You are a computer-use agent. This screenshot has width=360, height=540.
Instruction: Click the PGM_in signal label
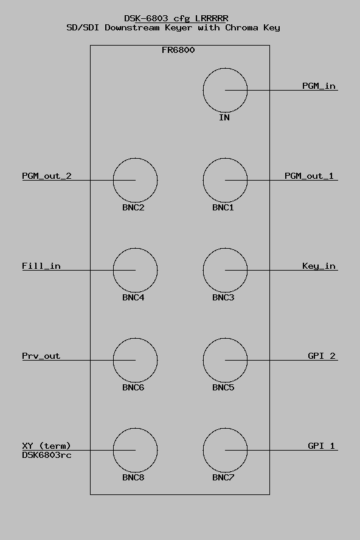pos(319,86)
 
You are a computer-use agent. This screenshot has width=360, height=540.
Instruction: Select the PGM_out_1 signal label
pos(309,176)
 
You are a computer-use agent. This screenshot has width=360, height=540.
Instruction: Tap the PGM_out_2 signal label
pos(46,176)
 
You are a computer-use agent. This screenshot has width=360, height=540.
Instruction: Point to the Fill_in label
pos(41,266)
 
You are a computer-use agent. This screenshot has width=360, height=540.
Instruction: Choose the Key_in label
pos(319,266)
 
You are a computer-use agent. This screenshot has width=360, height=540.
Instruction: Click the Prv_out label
pos(41,356)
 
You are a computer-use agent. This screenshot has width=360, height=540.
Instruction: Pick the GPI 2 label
pos(322,356)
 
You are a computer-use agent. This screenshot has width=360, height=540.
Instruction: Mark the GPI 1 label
pos(321,446)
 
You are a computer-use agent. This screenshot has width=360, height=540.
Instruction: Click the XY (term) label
pos(46,446)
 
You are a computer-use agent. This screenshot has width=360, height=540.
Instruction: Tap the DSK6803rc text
pos(46,455)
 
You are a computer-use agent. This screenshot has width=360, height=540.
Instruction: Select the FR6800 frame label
pos(178,50)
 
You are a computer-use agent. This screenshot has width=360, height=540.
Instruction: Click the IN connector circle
pos(203,90)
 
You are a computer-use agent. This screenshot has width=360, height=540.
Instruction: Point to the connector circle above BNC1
pos(203,180)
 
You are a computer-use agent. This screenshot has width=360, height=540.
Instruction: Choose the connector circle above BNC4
pos(113,271)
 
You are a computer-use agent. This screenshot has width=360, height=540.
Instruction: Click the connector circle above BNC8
pos(113,450)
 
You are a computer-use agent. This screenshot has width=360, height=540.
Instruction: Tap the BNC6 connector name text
pos(133,387)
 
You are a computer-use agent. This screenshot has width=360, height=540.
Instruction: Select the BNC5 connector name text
pos(223,387)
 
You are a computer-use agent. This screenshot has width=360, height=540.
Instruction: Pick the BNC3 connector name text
pos(223,297)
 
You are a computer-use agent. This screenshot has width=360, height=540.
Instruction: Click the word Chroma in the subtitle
pos(241,27)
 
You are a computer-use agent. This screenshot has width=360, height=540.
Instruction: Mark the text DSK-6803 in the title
pos(146,18)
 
